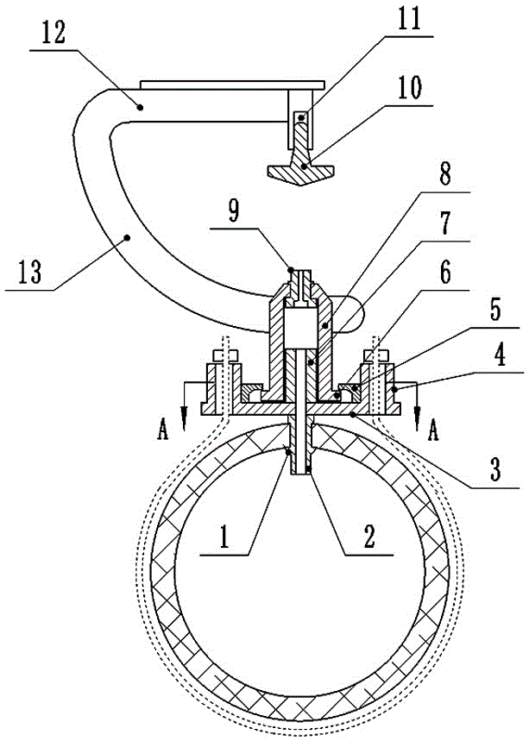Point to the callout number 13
point(29,277)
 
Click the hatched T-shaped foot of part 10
point(299,171)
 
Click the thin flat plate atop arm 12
point(231,85)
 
